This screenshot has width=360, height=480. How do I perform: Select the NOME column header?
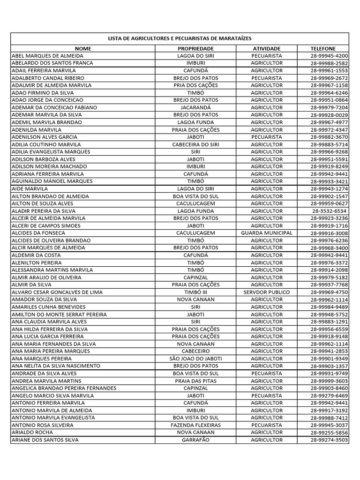coord(83,48)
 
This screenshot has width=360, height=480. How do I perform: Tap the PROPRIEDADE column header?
coord(195,48)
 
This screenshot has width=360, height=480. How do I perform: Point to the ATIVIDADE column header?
coord(266,48)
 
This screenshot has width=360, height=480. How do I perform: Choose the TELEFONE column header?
coord(323,48)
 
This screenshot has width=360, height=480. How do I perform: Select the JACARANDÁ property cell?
coord(195,107)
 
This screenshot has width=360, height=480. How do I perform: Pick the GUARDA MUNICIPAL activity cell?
coord(266,233)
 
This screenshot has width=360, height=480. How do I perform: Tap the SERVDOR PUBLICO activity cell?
coord(266,292)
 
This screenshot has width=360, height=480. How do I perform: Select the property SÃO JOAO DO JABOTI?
coord(195,359)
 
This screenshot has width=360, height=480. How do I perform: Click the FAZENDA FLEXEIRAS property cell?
coord(195,425)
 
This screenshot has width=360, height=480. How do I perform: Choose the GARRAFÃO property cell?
coord(195,440)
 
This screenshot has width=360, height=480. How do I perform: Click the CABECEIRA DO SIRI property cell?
coord(195,144)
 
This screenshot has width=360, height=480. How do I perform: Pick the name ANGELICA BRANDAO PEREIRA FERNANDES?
coord(64,388)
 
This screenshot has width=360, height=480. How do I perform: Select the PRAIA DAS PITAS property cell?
coord(195,381)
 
